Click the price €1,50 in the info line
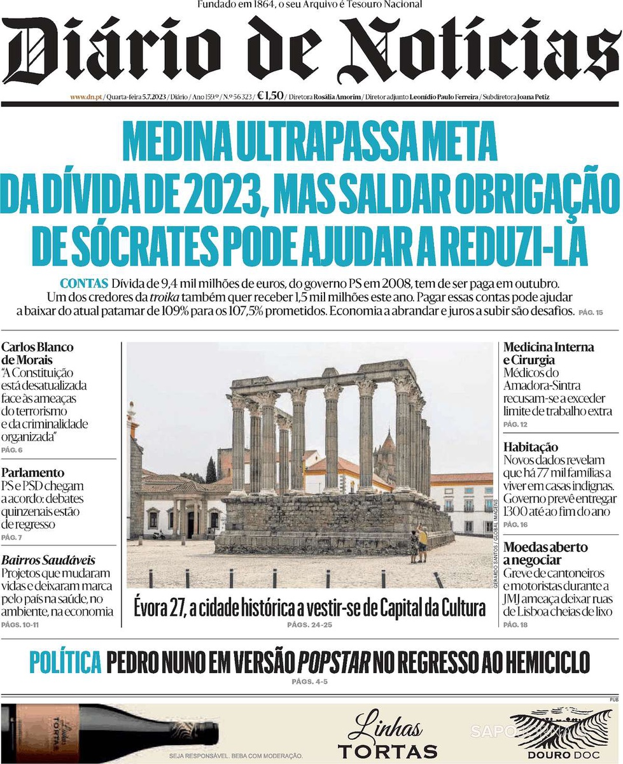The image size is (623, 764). pos(270,97)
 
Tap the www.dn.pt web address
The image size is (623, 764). pos(85,97)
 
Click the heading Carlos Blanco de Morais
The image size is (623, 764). pos(37,353)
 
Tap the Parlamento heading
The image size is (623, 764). pos(32,473)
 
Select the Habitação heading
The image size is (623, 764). pos(530,447)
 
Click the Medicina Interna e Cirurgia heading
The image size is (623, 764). pos(548,353)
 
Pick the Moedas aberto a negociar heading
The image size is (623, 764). pos(545,553)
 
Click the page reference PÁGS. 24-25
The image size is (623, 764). pos(309,625)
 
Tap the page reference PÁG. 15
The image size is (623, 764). pos(591,313)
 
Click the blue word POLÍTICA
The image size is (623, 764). pos(66,663)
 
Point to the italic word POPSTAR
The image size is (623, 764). pos(334,663)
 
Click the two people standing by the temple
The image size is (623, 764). pos(418,545)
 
